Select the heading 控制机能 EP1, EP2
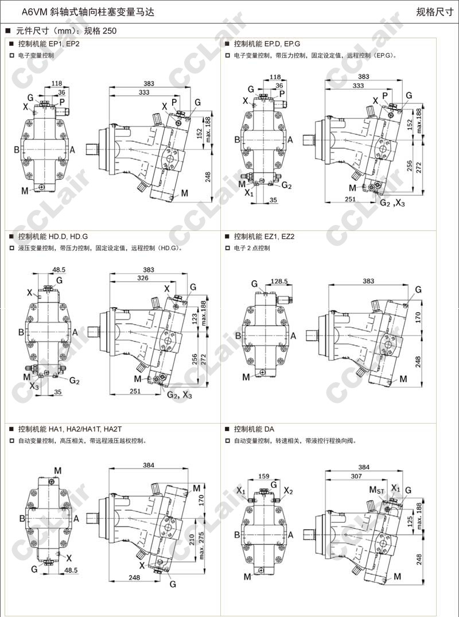click(48, 44)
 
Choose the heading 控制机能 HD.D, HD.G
click(52, 236)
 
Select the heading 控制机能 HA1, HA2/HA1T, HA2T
click(69, 429)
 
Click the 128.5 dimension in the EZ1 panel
click(279, 282)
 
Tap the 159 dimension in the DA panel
click(264, 476)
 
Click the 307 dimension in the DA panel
click(356, 476)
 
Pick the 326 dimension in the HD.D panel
click(143, 278)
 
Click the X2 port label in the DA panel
click(288, 491)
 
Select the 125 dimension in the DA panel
click(410, 522)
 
